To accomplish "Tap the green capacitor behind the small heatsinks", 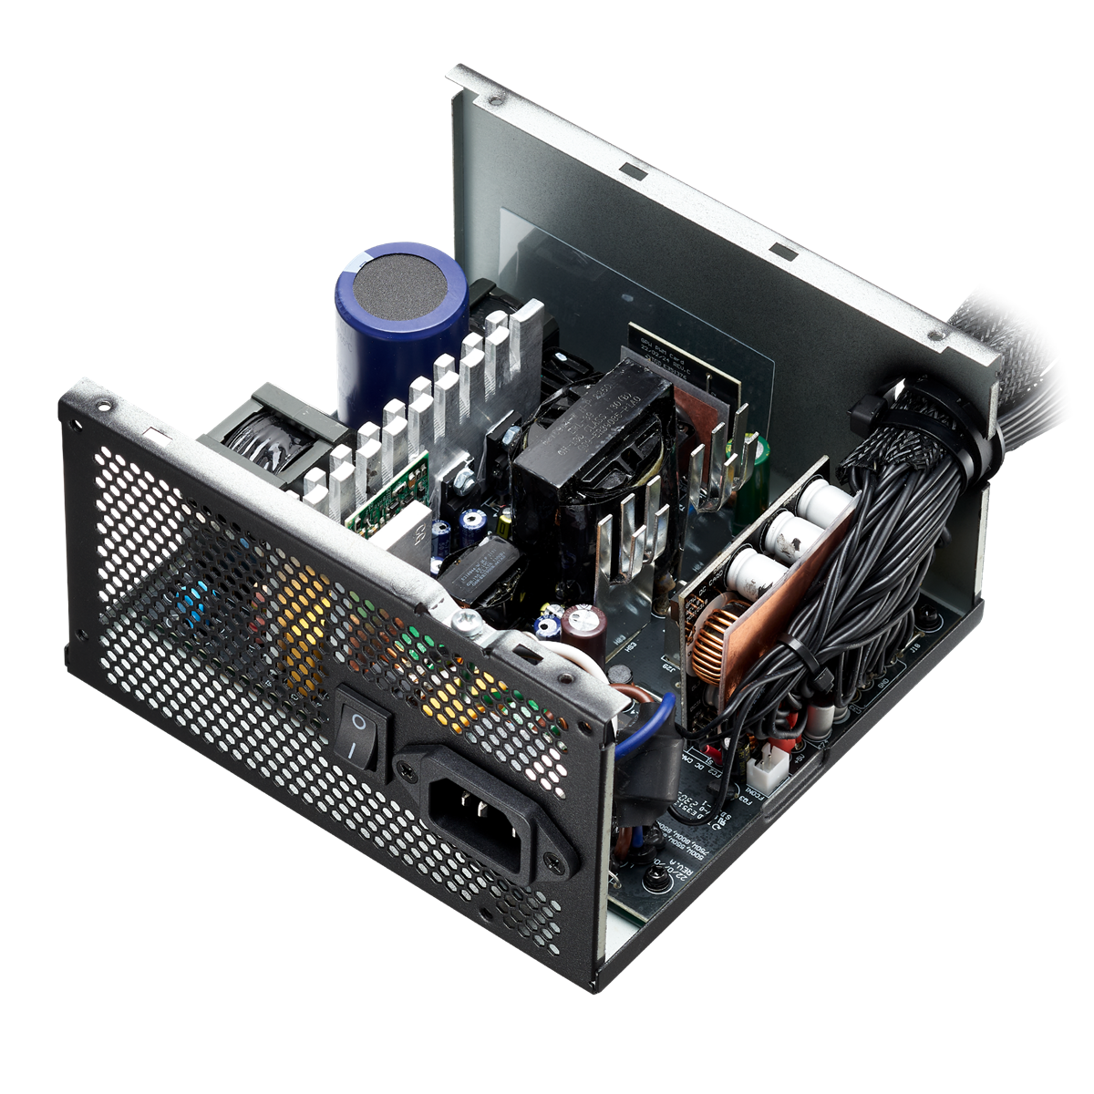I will tap(756, 460).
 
